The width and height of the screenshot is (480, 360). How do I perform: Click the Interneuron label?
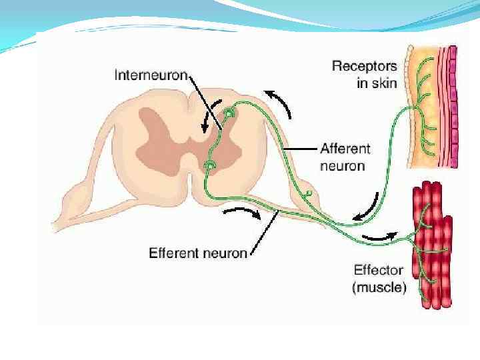(x=151, y=75)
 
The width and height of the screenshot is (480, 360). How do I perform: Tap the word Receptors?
(x=364, y=66)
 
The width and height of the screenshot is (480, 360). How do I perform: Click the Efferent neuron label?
(x=198, y=253)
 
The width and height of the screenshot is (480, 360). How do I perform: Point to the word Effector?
(x=378, y=270)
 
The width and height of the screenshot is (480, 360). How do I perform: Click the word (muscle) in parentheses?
(x=378, y=288)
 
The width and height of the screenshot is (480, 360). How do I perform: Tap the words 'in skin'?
(x=377, y=83)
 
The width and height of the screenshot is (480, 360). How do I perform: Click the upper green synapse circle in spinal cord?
(x=229, y=115)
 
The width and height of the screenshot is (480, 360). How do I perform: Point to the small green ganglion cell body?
(x=309, y=194)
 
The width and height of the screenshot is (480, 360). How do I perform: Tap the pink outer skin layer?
(x=453, y=107)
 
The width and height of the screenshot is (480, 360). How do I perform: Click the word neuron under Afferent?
(x=342, y=165)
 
